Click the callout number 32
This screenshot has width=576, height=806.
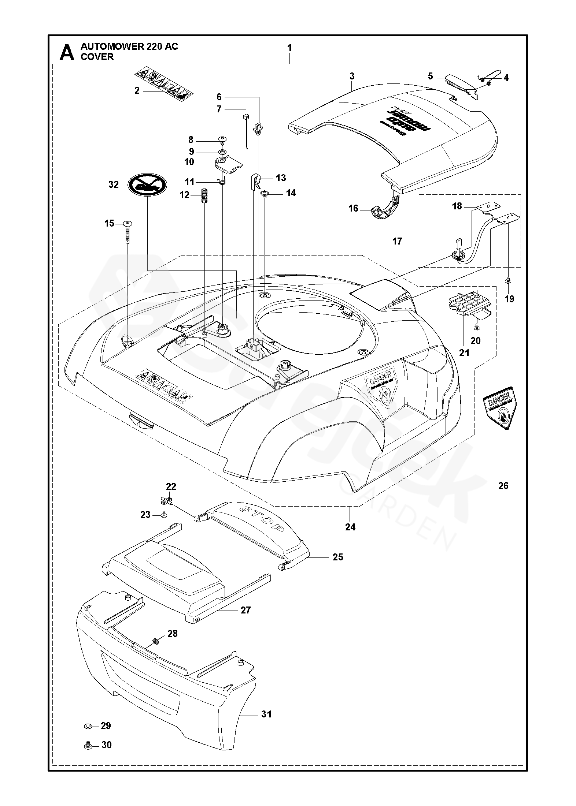point(114,184)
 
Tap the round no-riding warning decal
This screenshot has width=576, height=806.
point(147,185)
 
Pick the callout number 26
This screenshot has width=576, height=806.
point(503,485)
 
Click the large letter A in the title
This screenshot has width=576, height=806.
point(66,52)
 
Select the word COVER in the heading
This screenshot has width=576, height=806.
point(97,57)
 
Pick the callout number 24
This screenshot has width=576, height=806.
point(350,527)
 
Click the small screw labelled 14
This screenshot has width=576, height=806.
point(264,193)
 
